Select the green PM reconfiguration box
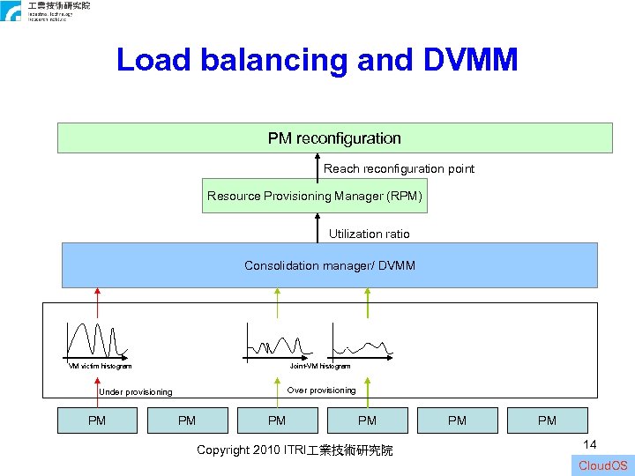[334, 138]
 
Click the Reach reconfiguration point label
[399, 168]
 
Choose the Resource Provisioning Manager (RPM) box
[315, 196]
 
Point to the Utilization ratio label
[369, 234]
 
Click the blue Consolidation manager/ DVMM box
[329, 265]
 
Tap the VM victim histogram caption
[101, 366]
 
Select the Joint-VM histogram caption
[320, 366]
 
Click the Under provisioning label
[136, 392]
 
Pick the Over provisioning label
[322, 390]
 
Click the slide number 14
[589, 446]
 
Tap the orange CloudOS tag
[603, 465]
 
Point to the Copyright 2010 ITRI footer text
[295, 450]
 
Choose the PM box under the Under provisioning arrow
[97, 420]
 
